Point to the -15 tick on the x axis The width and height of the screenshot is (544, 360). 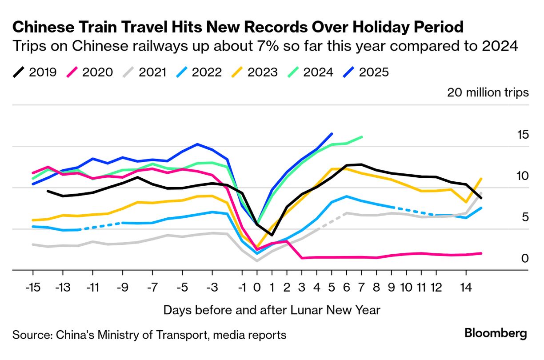coord(33,288)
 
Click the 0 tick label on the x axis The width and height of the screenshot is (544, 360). coord(256,288)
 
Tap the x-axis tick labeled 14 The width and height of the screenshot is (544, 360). coord(466,288)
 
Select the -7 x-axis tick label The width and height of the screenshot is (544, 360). coord(152,288)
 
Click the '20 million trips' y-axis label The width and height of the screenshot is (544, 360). coord(488,92)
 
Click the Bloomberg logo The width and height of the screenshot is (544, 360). coord(496,333)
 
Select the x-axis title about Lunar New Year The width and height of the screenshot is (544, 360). coord(272,310)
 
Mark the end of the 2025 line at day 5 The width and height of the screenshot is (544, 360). coord(332,133)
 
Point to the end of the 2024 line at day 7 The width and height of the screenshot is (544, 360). coord(362,137)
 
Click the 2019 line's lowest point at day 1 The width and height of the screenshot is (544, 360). coord(272,235)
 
